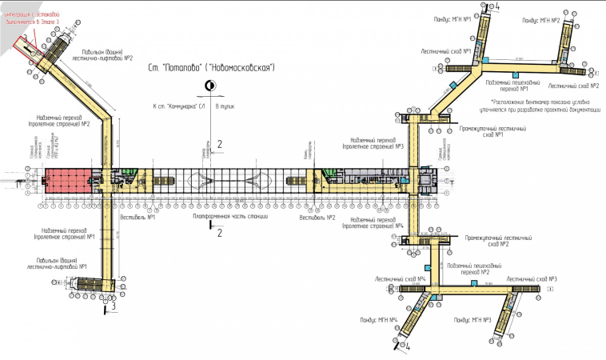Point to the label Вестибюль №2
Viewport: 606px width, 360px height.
pos(317,217)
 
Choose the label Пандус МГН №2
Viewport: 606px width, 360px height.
pos(540,19)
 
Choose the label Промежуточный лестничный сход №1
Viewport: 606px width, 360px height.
pos(481,131)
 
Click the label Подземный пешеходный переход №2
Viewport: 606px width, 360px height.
pos(472,268)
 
